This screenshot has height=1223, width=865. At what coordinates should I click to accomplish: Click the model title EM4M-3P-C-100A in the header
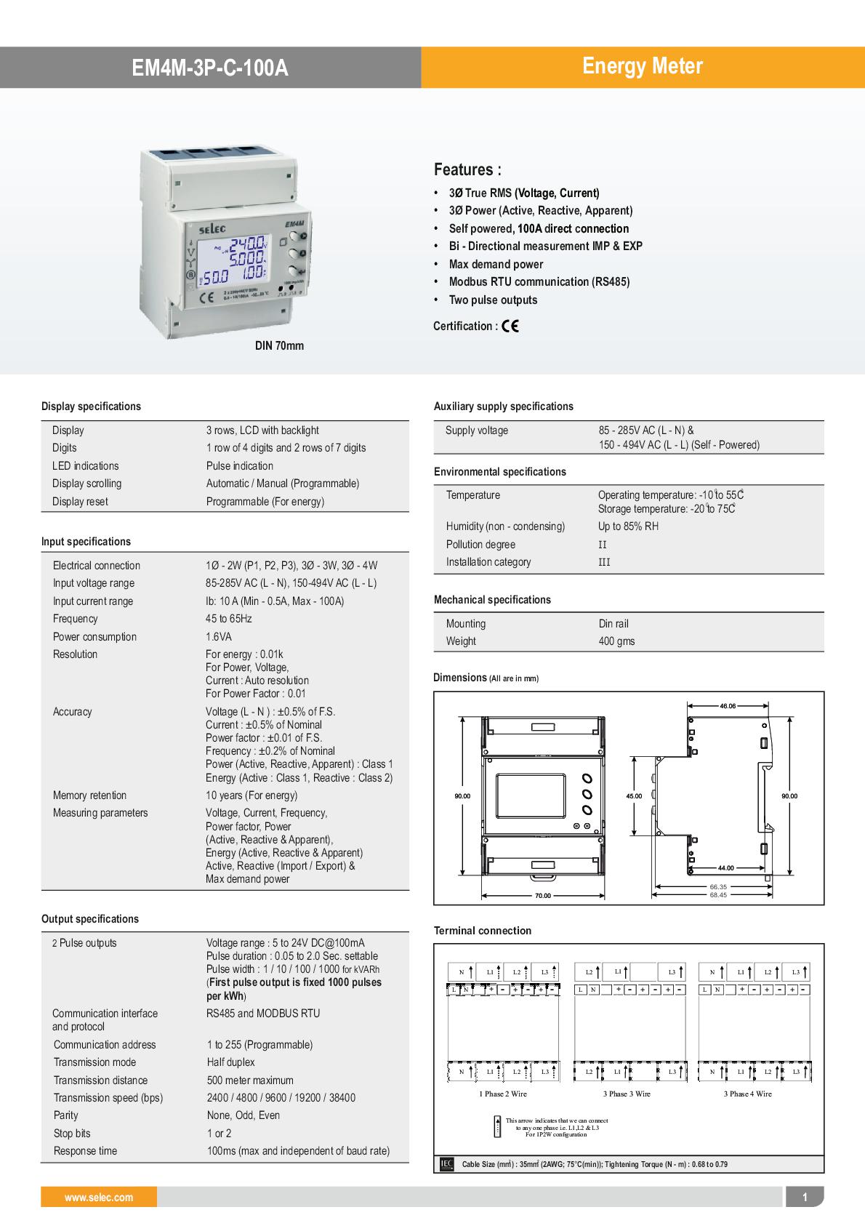tap(209, 68)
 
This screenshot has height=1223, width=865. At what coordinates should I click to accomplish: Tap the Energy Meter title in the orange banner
tap(642, 66)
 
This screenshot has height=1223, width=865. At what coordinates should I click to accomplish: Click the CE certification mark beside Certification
tap(510, 326)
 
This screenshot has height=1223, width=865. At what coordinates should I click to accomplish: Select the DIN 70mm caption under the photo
tap(279, 346)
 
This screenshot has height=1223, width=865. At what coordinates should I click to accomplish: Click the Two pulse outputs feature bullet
tap(493, 300)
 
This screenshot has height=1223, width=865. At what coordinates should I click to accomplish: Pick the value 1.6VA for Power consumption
tap(219, 637)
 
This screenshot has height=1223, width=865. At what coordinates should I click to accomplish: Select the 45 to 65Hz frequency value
tap(229, 619)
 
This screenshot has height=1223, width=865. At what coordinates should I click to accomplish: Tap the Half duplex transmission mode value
tap(231, 1062)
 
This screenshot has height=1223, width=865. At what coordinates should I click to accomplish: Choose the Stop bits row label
tap(72, 1134)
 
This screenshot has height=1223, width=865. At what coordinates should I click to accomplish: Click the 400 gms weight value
tap(616, 641)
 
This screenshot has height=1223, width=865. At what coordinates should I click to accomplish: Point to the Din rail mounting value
tap(613, 624)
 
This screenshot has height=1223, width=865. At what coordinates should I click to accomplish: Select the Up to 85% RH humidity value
tap(628, 526)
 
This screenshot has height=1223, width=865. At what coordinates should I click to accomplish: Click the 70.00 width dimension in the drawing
tap(542, 896)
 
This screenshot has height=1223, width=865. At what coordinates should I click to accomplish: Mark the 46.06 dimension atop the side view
tap(728, 706)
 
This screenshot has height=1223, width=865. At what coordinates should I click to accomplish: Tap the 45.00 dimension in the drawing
tap(634, 796)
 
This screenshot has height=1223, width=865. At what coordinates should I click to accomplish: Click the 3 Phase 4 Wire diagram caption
tap(747, 1094)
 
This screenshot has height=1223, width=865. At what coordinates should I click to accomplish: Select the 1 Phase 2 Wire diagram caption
tap(503, 1094)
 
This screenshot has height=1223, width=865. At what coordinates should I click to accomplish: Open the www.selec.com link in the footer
tap(99, 1198)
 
